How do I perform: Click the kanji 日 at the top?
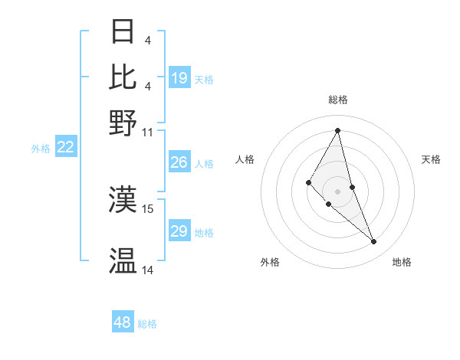click(x=123, y=33)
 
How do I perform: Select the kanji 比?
click(x=123, y=77)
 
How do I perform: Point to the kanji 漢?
click(x=123, y=199)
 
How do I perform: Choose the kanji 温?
click(x=123, y=261)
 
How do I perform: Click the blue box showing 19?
click(x=179, y=78)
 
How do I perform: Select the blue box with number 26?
click(x=179, y=162)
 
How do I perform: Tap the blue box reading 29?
click(x=179, y=232)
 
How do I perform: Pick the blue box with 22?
click(x=65, y=148)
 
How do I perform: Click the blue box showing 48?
click(x=123, y=322)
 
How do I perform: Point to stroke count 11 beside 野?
click(x=148, y=132)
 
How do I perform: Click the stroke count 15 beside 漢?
click(x=148, y=208)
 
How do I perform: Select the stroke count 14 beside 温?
click(x=148, y=270)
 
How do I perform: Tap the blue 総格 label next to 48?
click(x=147, y=324)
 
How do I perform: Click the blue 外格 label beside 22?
click(x=40, y=149)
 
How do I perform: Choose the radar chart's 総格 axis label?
click(x=337, y=100)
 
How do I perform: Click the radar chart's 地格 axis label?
click(x=402, y=262)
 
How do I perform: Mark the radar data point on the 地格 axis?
click(x=374, y=242)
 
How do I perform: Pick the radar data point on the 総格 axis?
click(x=337, y=129)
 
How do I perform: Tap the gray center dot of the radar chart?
click(x=337, y=191)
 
